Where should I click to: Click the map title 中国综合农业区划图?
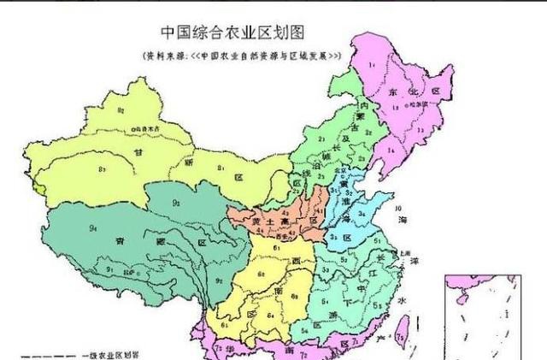coord(233,32)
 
